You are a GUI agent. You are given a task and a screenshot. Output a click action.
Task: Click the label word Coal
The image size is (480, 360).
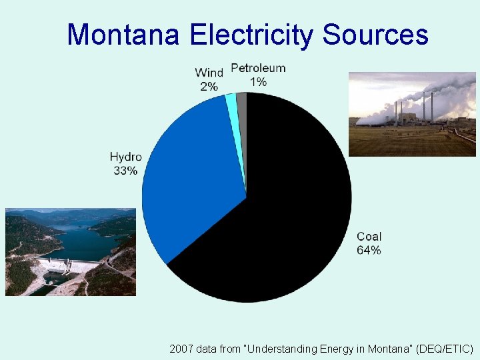tap(369, 237)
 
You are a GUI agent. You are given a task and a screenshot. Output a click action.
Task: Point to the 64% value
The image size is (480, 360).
tap(369, 250)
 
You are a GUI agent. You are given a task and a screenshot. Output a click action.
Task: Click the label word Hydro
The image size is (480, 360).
tap(125, 157)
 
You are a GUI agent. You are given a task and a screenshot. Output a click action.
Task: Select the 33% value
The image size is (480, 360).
tap(125, 171)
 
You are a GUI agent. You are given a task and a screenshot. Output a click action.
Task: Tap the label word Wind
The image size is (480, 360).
tap(209, 73)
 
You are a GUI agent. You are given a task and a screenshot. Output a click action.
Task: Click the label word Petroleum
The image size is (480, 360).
tap(258, 68)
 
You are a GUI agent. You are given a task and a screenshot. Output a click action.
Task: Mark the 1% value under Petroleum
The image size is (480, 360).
tap(258, 81)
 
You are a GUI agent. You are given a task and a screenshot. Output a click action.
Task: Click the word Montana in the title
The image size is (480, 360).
tap(123, 34)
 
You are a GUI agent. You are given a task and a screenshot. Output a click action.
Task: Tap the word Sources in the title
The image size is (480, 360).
tap(375, 34)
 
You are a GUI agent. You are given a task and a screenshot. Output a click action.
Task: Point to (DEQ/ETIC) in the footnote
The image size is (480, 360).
tap(443, 349)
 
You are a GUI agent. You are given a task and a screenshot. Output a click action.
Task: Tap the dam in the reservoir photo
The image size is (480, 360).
tap(67, 267)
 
